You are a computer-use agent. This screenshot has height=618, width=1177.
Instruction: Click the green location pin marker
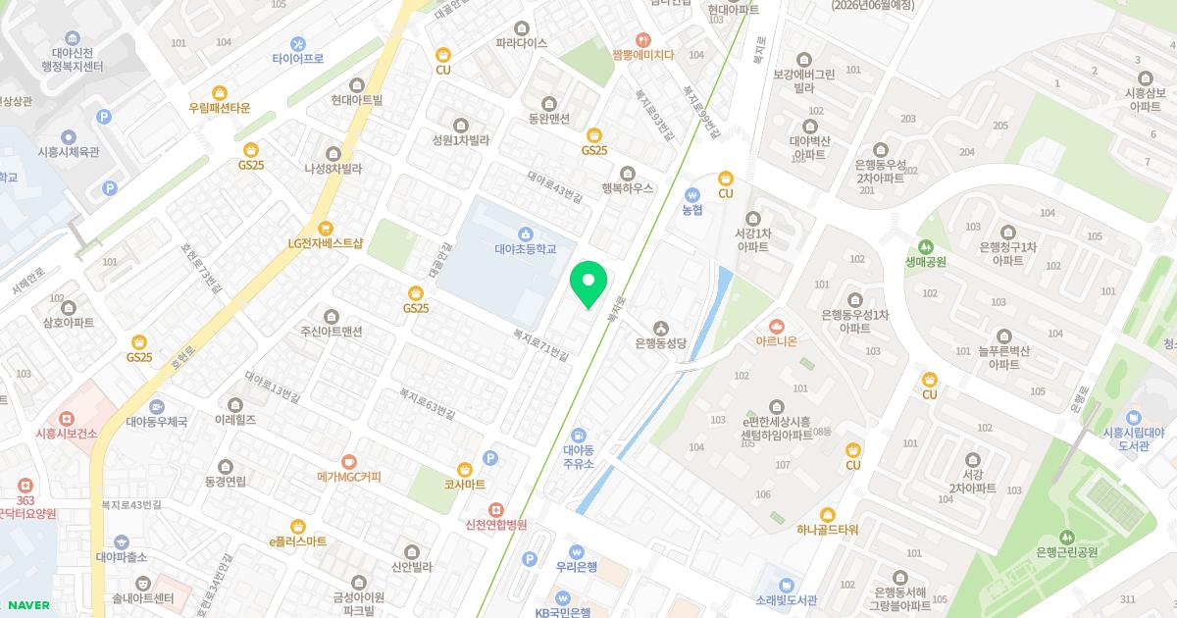click(x=588, y=283)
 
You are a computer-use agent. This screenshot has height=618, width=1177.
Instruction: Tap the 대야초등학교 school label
click(x=525, y=249)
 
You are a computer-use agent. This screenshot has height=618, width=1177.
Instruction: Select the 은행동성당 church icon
click(x=661, y=327)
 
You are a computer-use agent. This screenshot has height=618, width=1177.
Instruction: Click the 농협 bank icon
click(x=693, y=193)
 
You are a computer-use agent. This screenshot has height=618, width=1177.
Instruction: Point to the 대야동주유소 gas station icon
click(x=579, y=435)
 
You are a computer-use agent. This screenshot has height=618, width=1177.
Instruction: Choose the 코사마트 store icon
click(x=465, y=469)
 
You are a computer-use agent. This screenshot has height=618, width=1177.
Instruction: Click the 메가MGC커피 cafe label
click(x=348, y=477)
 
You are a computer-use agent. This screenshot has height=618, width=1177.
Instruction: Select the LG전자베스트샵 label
click(x=326, y=242)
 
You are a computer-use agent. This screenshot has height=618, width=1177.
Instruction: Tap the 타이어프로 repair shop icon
click(x=298, y=43)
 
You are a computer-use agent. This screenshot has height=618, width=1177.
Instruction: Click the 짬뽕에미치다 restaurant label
click(x=642, y=55)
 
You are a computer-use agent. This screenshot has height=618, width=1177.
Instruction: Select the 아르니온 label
click(x=777, y=340)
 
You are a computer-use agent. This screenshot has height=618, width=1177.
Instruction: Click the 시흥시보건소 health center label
click(x=66, y=434)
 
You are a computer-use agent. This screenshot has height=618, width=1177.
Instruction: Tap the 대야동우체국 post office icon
click(x=156, y=406)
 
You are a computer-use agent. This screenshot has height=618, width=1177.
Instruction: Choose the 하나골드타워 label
click(x=828, y=530)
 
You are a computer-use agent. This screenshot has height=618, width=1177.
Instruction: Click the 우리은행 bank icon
click(x=576, y=551)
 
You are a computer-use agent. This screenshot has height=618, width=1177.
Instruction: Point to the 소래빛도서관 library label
click(x=787, y=599)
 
